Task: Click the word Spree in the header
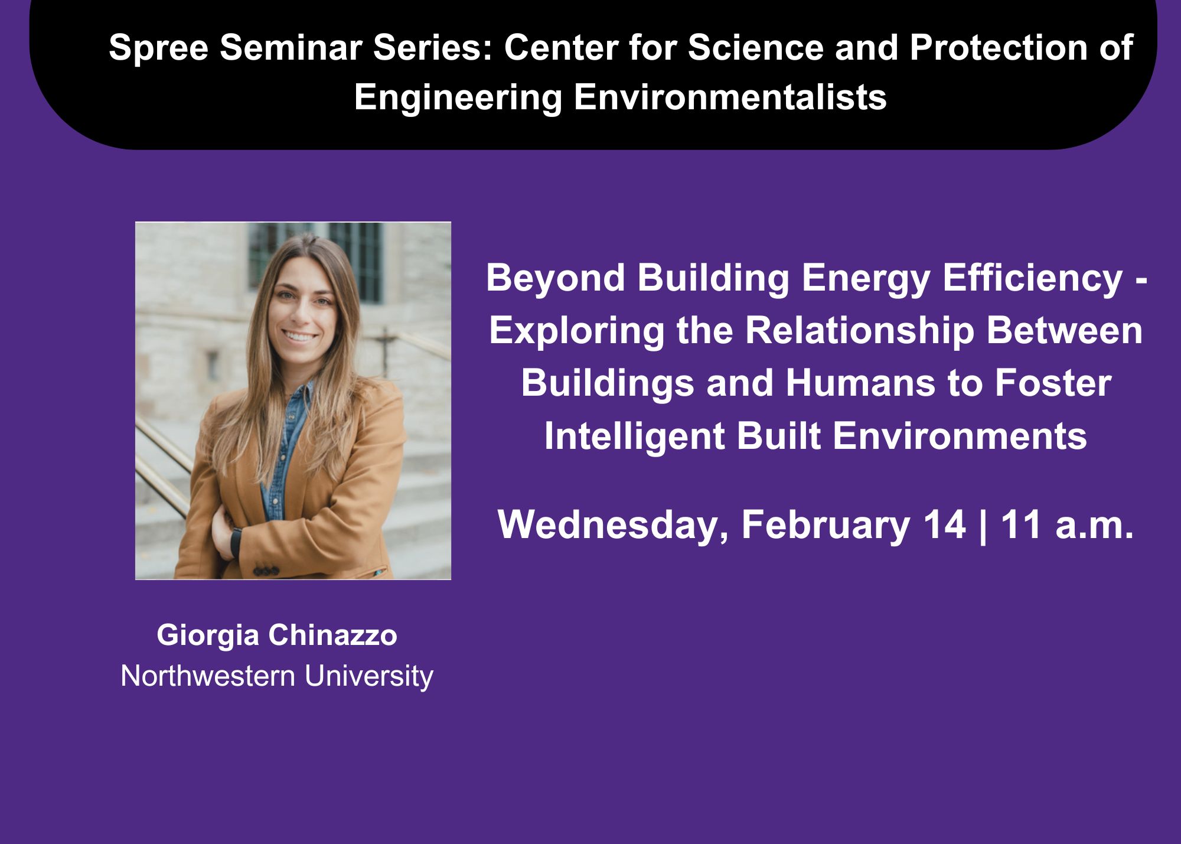pos(158,48)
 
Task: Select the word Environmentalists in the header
pos(730,97)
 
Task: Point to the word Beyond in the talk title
pos(556,279)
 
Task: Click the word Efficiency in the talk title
pos(1033,279)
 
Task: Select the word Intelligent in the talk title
pos(634,437)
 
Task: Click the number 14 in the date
pos(945,524)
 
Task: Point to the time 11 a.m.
pos(1067,524)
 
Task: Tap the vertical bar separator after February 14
pos(983,526)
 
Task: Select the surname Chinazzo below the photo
pos(333,636)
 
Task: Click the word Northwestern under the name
pos(208,676)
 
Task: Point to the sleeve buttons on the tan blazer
pos(266,572)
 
